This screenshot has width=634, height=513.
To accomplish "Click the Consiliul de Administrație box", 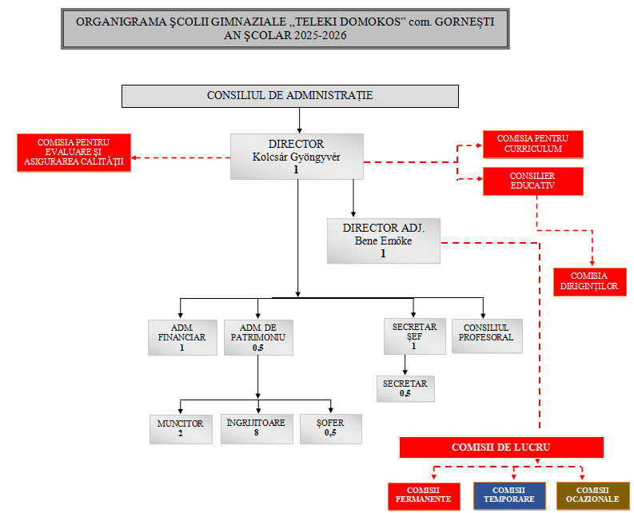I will [289, 96].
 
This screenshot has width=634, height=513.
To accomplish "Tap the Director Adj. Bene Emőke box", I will [384, 241].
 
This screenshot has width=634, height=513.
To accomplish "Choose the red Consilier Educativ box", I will [533, 181].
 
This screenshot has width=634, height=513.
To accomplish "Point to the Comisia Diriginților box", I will [589, 280].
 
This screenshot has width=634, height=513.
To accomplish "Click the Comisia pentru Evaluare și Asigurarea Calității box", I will [74, 153].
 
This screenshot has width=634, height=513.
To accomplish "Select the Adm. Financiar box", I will [182, 336].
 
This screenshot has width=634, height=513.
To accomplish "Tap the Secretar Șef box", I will [413, 336].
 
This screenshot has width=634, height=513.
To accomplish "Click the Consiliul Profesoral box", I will [487, 336].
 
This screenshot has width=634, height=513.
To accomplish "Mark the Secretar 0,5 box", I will [405, 388].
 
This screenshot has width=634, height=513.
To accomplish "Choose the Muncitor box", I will [181, 428].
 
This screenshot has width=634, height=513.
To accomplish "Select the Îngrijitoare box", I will [257, 428].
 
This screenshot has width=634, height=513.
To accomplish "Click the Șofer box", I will [331, 428].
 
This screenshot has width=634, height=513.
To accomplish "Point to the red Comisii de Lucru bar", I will [501, 447].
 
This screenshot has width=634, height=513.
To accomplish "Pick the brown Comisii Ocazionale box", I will [592, 495].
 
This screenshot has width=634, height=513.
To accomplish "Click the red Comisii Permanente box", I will [424, 495].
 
